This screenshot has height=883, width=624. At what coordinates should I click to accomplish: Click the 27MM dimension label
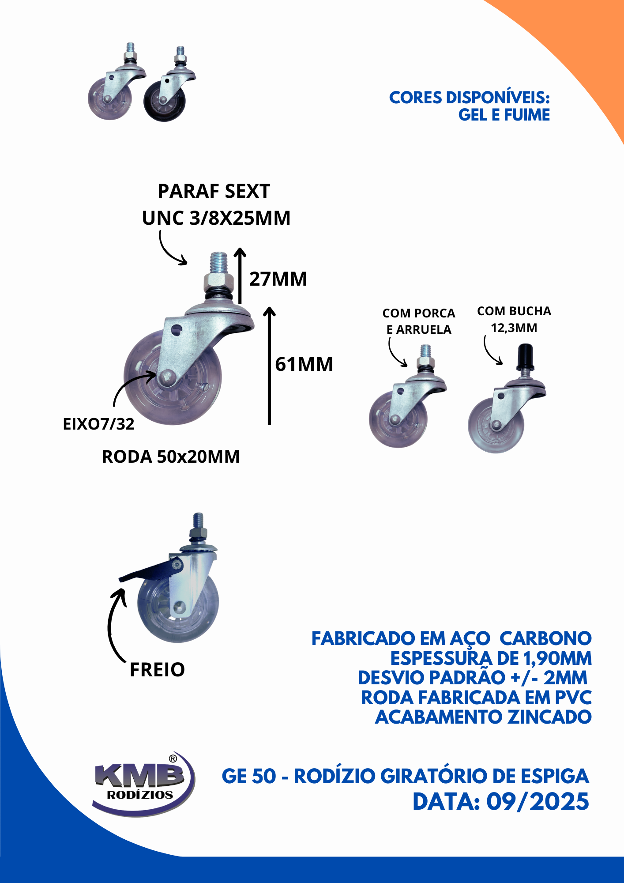(x=278, y=279)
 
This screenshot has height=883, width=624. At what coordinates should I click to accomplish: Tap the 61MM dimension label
(x=304, y=364)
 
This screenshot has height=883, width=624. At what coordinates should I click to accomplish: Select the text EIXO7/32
(x=98, y=424)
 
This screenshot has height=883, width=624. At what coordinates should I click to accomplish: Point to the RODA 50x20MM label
(x=171, y=457)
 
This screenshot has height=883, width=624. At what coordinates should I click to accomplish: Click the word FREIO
(x=157, y=670)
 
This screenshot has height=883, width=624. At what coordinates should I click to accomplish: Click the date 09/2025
(x=538, y=802)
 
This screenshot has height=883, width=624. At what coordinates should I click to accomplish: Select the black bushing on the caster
(x=525, y=357)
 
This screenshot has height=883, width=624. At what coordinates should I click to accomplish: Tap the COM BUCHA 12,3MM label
(x=514, y=319)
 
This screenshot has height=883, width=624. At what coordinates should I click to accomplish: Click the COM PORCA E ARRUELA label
(x=419, y=321)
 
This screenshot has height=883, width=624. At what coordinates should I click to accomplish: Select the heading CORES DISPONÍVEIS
(x=469, y=98)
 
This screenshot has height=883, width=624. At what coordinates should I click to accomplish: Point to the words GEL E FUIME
(x=504, y=115)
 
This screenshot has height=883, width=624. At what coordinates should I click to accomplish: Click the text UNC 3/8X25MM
(x=216, y=218)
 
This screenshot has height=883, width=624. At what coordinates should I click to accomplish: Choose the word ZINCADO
(x=549, y=717)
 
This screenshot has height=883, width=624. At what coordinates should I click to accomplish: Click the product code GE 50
(x=249, y=776)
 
